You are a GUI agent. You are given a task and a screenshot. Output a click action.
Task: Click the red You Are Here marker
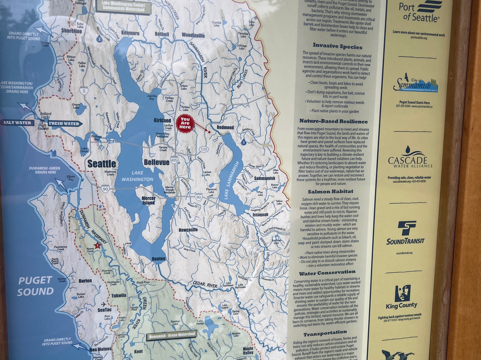click(185, 123)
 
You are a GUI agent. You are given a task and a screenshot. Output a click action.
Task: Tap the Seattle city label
click(102, 164)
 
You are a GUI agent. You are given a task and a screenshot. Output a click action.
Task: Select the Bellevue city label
click(156, 162)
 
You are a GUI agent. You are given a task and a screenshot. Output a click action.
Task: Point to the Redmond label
click(225, 127)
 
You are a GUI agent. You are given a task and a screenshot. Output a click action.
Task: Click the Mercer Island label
click(148, 200)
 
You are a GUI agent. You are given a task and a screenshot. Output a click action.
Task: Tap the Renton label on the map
click(159, 258)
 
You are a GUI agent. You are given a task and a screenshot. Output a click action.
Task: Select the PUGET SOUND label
click(35, 286)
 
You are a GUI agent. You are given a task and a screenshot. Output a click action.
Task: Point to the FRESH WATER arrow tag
click(64, 123)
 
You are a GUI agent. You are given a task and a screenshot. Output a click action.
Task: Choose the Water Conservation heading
click(327, 273)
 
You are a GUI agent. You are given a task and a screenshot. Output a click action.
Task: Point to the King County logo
click(402, 297)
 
